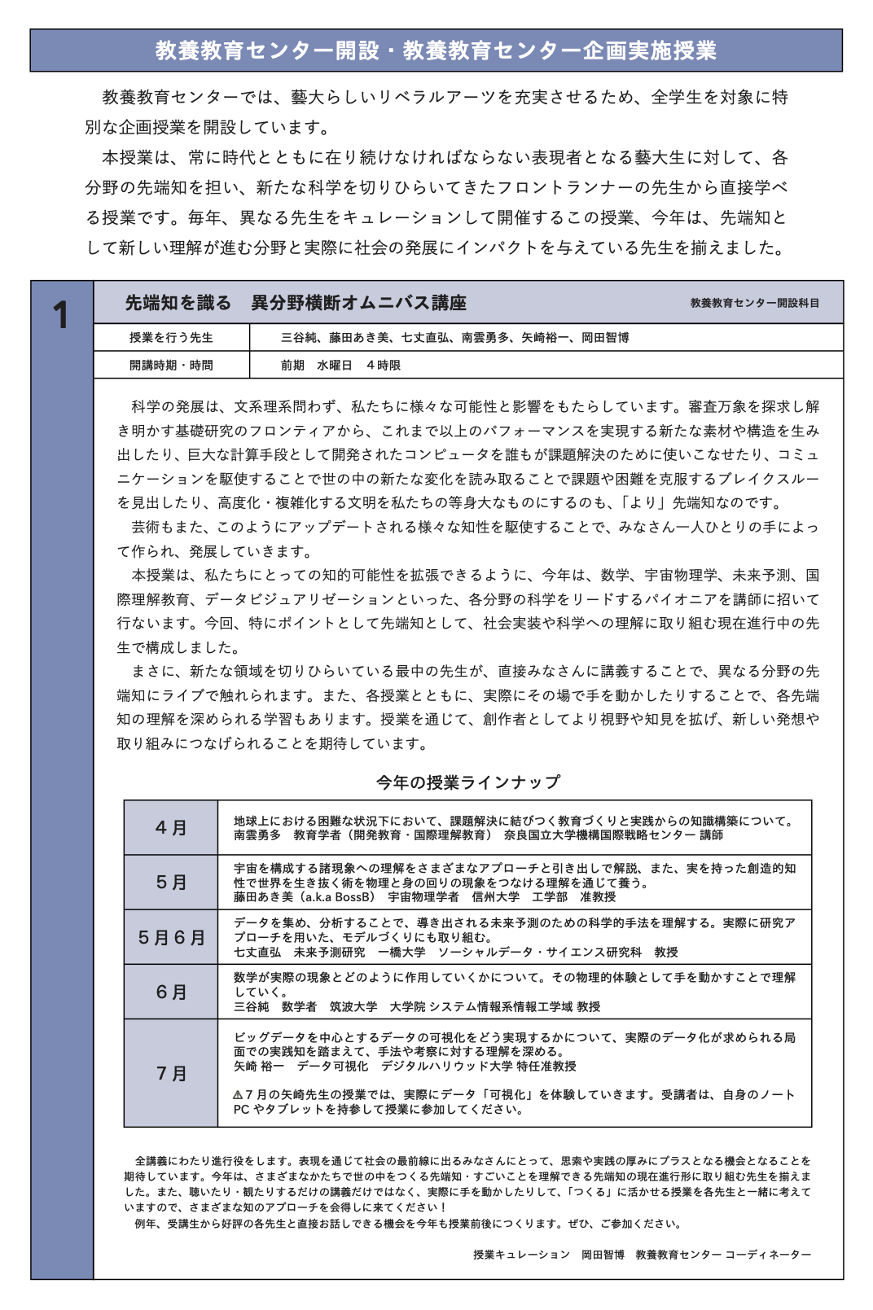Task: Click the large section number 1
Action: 61,315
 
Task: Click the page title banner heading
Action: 436,50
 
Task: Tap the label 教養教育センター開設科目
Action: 754,303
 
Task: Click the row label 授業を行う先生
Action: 171,337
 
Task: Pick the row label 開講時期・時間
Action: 171,365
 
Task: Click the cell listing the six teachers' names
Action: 454,337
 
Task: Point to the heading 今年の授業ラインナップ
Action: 467,782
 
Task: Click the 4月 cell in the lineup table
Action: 171,827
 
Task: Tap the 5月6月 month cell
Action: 171,937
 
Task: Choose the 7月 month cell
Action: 171,1073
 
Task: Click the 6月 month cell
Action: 171,992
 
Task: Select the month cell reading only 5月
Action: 171,882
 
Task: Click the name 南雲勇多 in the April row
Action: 257,835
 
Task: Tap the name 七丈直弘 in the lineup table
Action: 257,952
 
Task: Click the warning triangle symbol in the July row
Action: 238,1095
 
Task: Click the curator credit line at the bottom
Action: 642,1254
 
